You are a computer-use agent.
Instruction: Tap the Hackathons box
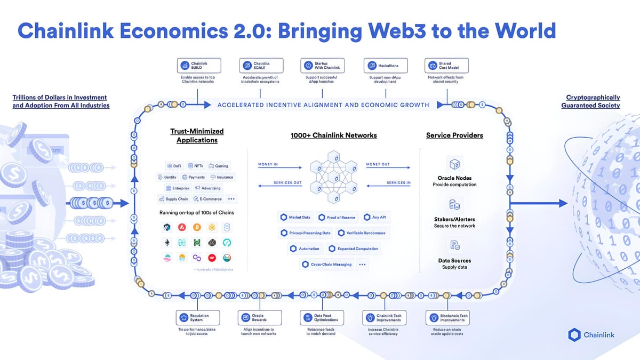385,66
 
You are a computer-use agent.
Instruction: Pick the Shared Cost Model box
446,66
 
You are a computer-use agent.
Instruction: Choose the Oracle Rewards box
257,318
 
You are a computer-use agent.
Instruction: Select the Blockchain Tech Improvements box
447,318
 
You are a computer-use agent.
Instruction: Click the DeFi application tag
174,166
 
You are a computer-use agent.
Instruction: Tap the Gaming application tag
219,166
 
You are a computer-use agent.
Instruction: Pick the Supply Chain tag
173,199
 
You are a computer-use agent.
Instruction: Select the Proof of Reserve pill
338,218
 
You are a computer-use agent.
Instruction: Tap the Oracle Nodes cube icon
455,163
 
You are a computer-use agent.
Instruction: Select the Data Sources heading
454,260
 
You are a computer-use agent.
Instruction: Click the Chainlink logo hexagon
574,335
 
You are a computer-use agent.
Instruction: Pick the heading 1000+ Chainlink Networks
333,135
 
